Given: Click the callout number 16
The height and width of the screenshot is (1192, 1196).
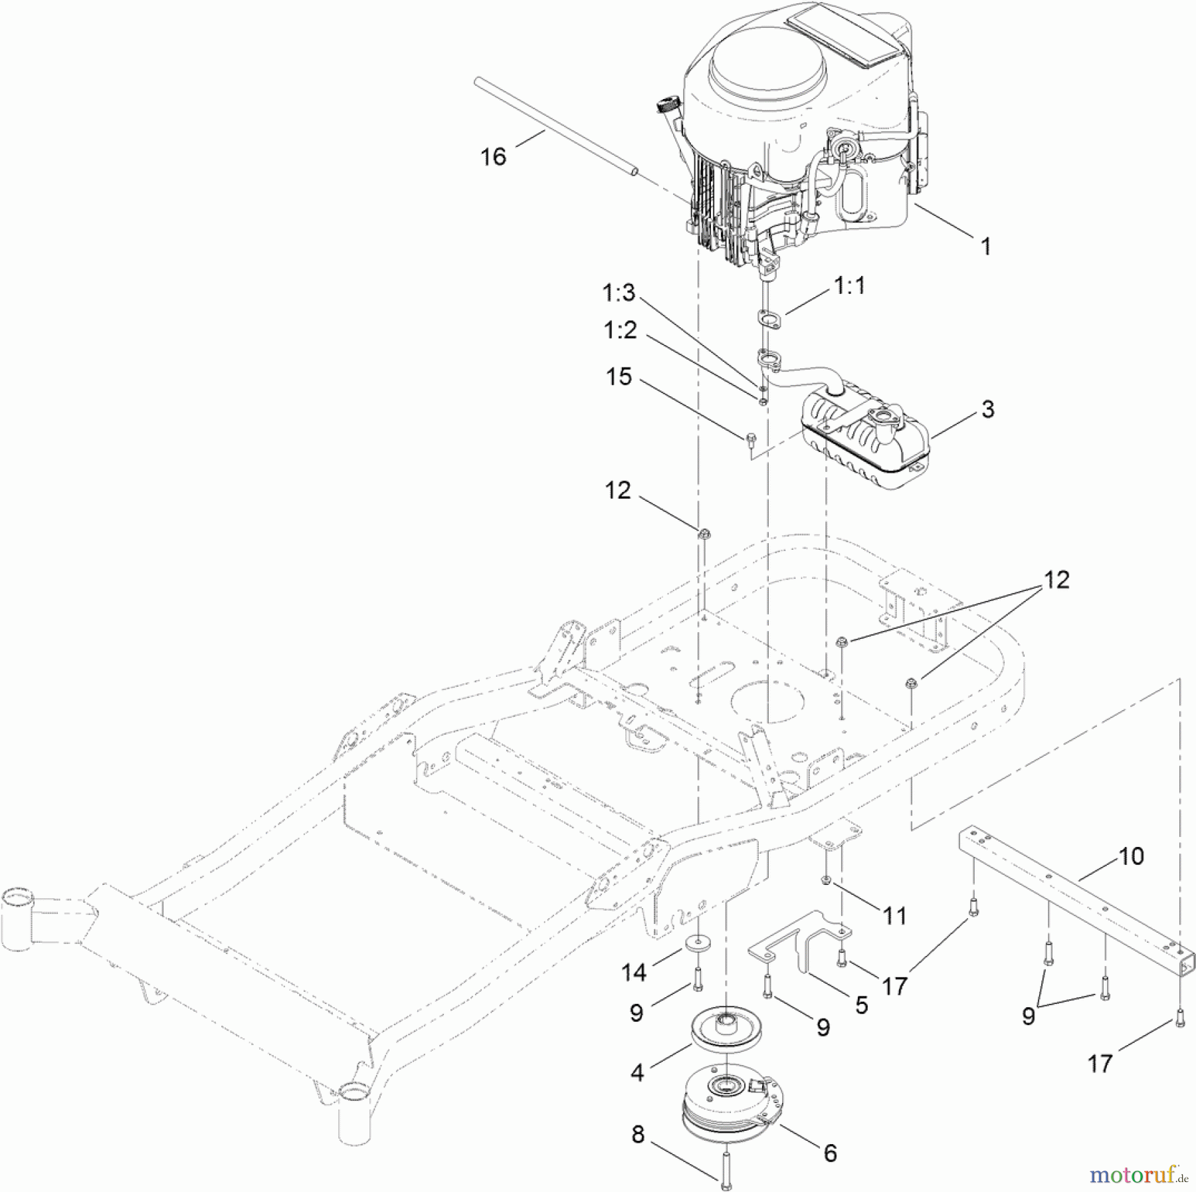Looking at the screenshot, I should tap(493, 157).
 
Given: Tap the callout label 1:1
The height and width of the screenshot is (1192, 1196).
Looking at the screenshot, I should tap(849, 287).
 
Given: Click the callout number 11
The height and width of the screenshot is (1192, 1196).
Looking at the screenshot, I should tap(894, 916).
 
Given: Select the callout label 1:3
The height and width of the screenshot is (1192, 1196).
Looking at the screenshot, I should tap(619, 292).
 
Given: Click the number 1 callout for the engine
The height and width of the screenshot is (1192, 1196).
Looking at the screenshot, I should tap(986, 247).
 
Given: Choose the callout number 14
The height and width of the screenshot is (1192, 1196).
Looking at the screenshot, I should tap(633, 973).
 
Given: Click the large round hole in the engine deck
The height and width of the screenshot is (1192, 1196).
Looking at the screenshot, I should tap(768, 702).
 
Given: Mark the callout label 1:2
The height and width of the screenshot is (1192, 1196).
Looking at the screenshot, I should tap(620, 330).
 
